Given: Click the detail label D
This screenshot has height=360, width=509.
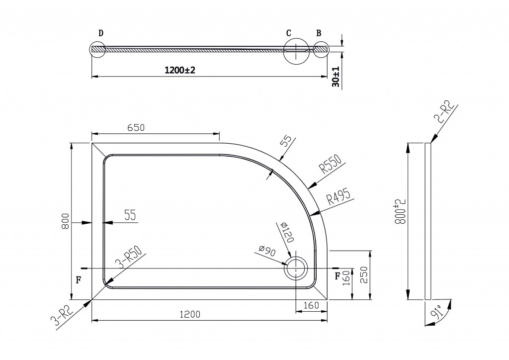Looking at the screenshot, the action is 101,33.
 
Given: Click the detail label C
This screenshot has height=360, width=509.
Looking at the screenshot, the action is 289,33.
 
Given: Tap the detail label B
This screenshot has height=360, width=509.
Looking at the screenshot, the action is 319,33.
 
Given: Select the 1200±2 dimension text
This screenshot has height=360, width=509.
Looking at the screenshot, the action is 180,70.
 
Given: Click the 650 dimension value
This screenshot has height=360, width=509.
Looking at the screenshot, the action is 136,128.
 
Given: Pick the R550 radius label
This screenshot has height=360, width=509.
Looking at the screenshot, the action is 331,164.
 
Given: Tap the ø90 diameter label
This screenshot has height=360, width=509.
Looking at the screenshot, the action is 267,251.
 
